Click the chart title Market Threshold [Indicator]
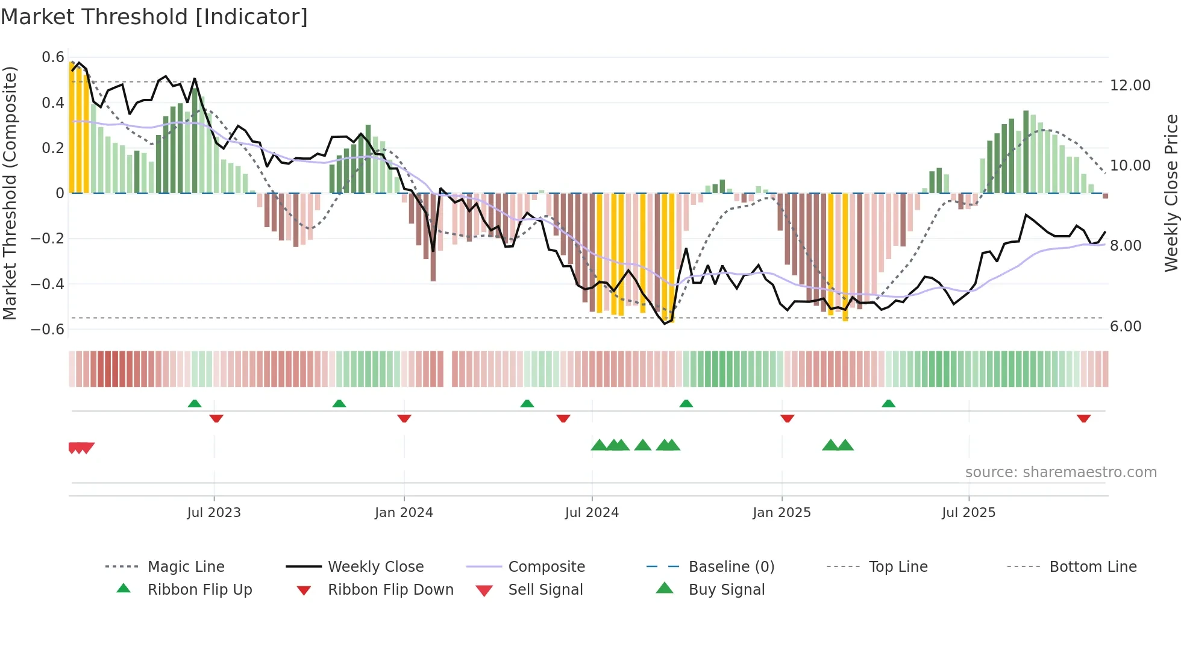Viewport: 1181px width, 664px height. click(154, 17)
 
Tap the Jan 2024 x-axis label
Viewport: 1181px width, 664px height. click(404, 513)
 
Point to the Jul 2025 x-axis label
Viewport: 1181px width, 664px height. click(968, 513)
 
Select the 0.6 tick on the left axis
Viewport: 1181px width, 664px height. click(53, 57)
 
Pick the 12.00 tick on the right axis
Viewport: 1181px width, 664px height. click(1130, 86)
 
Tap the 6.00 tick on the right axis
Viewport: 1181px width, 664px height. click(1125, 327)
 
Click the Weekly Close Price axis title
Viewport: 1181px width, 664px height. click(1171, 193)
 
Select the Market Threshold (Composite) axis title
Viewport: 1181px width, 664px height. click(10, 193)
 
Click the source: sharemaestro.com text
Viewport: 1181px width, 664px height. click(1060, 472)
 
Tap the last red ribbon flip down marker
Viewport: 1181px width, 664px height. click(1083, 418)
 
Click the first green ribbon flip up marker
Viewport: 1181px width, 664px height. click(195, 404)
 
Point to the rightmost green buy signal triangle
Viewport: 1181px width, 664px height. click(845, 445)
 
